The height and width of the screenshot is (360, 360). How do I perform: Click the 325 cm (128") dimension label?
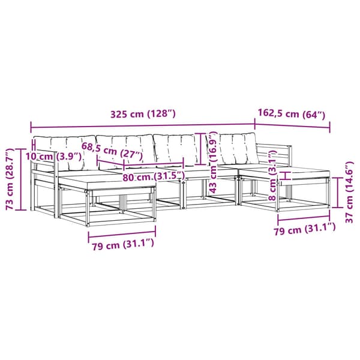pos(143,114)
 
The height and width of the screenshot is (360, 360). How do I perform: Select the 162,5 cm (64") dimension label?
pos(292,114)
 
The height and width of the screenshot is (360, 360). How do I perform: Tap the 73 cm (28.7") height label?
pos(10,179)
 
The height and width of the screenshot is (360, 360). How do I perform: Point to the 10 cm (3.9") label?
pos(53,157)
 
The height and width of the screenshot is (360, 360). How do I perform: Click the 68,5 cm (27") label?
pos(112,149)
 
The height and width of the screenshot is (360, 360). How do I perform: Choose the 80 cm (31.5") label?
pos(154,176)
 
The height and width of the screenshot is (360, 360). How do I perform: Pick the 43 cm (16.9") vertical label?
pos(213,162)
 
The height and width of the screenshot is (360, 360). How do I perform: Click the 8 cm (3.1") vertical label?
pos(273,175)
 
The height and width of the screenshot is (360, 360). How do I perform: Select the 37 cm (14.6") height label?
pos(349,193)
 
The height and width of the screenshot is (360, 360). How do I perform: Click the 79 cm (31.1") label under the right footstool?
pos(305,228)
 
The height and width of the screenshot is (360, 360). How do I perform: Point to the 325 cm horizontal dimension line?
pos(143,125)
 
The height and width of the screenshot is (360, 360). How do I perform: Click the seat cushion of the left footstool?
pos(107,182)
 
